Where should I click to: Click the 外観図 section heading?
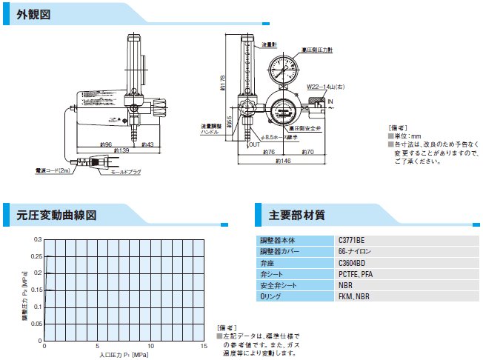tap(33, 14)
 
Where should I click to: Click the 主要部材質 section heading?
tap(297, 216)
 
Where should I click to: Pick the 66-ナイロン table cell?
tap(354, 252)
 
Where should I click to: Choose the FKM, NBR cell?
tap(353, 296)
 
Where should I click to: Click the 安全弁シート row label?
tap(279, 285)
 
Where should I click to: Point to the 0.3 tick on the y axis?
tap(37, 240)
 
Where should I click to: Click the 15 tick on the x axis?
tap(204, 347)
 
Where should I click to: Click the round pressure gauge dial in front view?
tap(285, 70)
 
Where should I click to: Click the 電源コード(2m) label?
tap(53, 170)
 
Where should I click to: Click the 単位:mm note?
tap(406, 136)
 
